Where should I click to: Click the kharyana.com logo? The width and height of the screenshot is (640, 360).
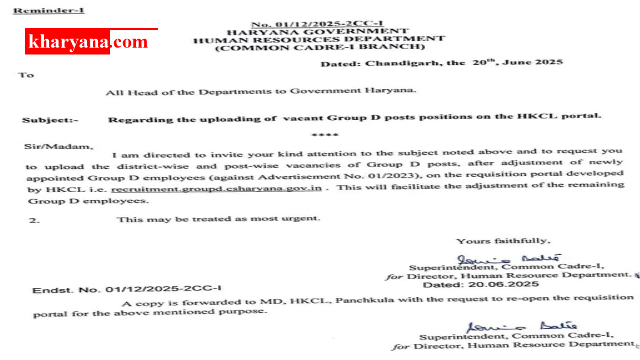88,41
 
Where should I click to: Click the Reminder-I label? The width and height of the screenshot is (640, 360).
48,10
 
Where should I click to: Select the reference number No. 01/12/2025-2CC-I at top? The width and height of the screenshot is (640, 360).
316,24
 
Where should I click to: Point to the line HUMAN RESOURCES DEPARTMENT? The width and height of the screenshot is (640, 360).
319,39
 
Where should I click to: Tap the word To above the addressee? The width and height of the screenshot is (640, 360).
26,75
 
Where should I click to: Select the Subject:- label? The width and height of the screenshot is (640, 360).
50,120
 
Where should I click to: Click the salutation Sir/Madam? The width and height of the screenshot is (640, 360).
58,146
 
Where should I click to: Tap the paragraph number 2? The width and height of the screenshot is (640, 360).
34,220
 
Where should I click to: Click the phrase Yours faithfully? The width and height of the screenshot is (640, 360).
503,241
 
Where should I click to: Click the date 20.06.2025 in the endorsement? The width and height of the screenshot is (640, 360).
480,284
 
